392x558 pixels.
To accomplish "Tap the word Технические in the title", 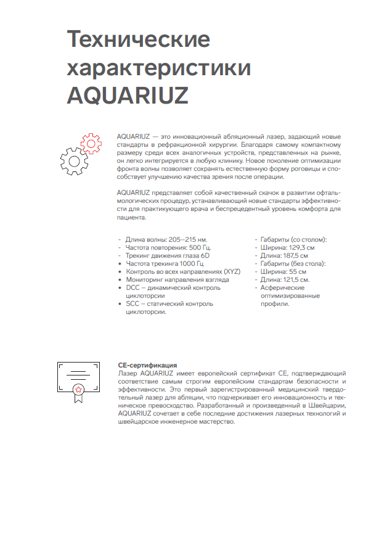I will click(138, 39).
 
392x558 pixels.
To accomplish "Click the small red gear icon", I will click(91, 144).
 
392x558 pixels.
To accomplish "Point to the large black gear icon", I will click(73, 162).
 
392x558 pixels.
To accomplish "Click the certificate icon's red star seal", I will click(78, 389).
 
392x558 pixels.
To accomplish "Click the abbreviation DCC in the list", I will click(133, 288).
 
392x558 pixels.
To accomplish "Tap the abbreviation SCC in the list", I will click(133, 304).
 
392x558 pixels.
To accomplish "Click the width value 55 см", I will click(298, 271).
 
